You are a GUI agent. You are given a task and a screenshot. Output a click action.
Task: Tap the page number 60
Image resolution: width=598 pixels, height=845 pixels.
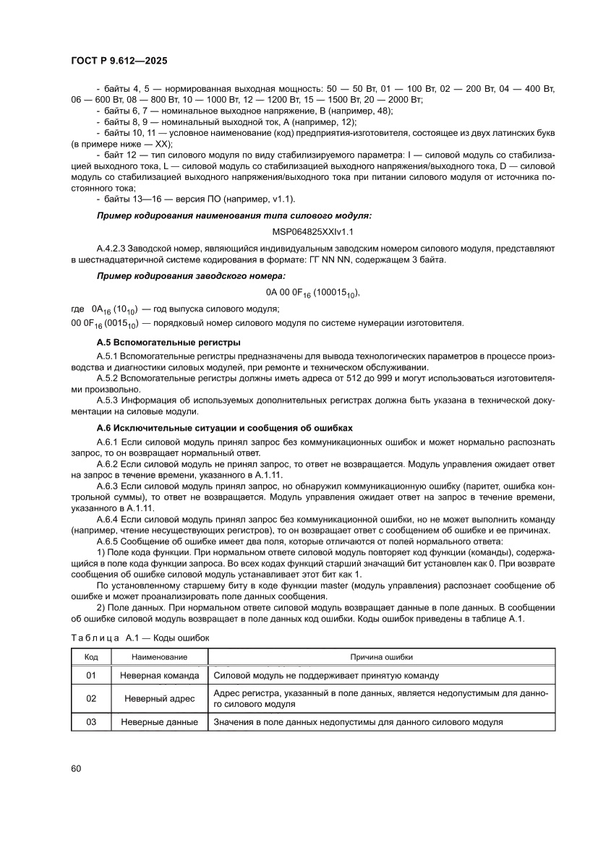[x=77, y=768]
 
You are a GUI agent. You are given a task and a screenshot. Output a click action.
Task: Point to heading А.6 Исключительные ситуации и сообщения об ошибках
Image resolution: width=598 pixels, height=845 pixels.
[x=224, y=428]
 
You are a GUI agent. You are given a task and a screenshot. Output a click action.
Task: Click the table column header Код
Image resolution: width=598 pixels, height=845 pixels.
[x=91, y=657]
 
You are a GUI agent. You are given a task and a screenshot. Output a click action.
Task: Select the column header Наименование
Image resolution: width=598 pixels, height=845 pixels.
[x=160, y=657]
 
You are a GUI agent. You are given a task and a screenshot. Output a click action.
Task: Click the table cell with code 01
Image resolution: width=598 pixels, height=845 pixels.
[x=91, y=676]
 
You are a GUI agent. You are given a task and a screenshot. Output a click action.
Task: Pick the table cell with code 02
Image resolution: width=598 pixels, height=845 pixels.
[x=91, y=699]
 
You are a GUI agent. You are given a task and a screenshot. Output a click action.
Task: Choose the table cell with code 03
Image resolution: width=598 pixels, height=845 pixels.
[x=91, y=722]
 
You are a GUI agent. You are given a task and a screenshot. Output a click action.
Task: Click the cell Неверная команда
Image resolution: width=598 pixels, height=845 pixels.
[x=160, y=676]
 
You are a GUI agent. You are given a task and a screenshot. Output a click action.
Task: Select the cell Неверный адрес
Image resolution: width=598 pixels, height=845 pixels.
[x=160, y=699]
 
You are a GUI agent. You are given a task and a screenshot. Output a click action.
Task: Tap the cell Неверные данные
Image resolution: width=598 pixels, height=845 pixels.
[x=160, y=722]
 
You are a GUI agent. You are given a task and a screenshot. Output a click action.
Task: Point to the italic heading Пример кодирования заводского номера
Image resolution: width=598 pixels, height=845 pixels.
[x=191, y=276]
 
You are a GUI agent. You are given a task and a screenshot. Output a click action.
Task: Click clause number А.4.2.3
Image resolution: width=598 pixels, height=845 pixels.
[x=114, y=248]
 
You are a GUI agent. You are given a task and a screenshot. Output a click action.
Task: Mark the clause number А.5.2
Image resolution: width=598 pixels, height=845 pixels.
[x=108, y=378]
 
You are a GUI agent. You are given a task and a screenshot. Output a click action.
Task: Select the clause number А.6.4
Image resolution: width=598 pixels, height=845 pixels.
[x=108, y=520]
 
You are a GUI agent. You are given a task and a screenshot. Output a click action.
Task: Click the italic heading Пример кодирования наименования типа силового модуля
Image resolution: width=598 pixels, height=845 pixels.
[x=234, y=215]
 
